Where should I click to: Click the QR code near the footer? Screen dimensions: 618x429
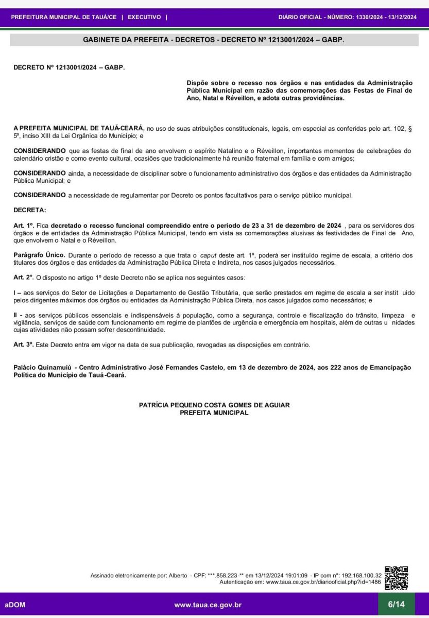[397, 578]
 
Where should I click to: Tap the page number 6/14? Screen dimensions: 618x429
[396, 604]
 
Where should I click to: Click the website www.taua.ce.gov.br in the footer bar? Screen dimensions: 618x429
[208, 605]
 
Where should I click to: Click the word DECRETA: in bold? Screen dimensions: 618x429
[29, 210]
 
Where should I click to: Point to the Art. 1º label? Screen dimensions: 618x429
[24, 226]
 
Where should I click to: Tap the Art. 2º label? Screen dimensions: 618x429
[24, 277]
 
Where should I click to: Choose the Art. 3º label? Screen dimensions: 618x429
[24, 344]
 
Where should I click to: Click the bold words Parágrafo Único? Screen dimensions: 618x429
[39, 255]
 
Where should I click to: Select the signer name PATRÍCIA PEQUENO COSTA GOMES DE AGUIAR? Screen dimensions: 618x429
[214, 405]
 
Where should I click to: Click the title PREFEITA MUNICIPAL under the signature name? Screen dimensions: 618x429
[214, 413]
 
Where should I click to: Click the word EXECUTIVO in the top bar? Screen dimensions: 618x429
[144, 17]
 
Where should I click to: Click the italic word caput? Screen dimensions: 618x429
[208, 255]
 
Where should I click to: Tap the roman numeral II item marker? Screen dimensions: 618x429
[16, 315]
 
